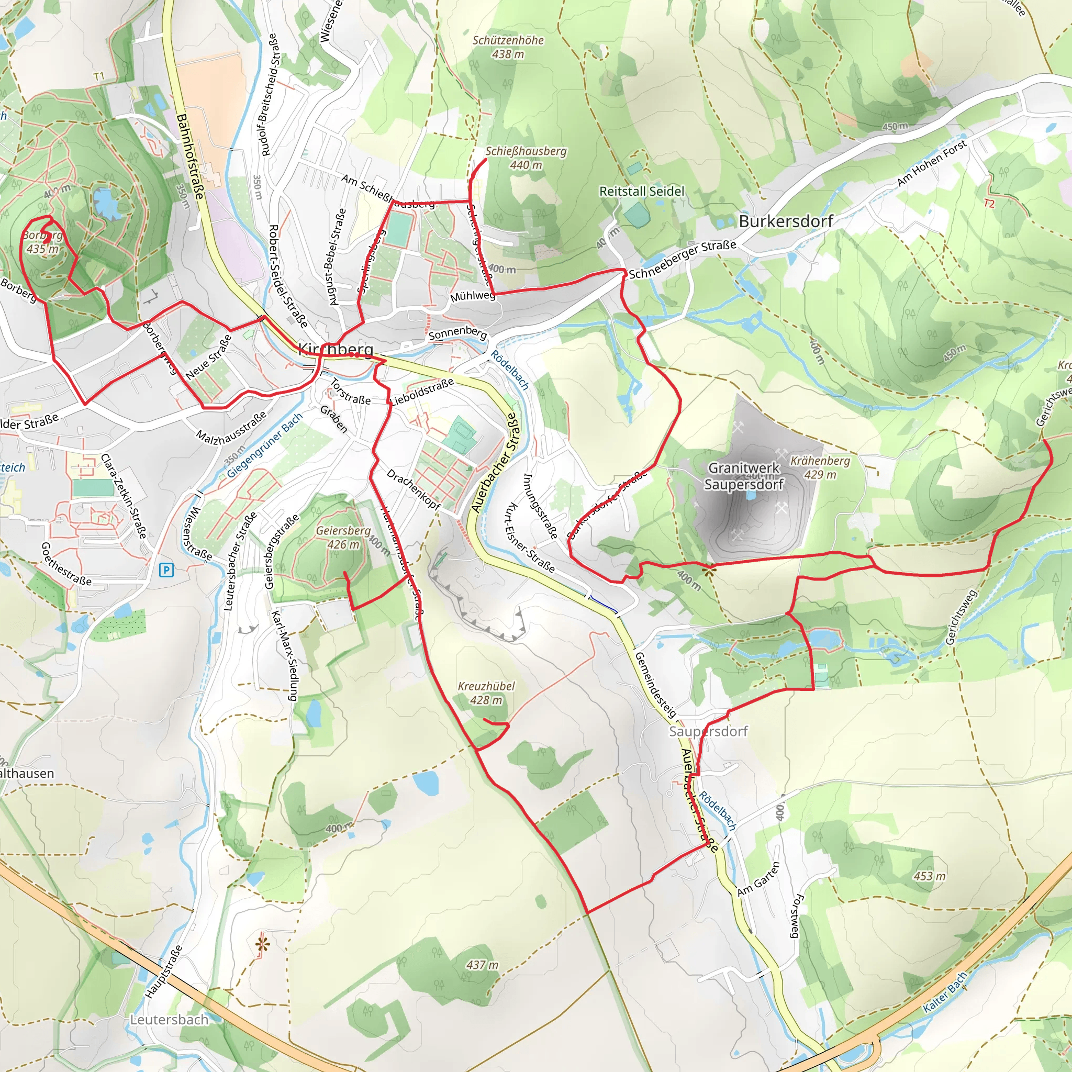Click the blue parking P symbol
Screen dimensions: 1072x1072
pyautogui.click(x=166, y=570)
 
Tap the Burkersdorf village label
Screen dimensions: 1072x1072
pyautogui.click(x=785, y=221)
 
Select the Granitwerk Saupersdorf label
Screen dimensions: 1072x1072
pyautogui.click(x=743, y=476)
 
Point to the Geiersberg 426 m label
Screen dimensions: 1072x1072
pyautogui.click(x=343, y=537)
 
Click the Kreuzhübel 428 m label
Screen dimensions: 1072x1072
pyautogui.click(x=486, y=693)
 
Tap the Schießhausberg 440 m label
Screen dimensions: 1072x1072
pyautogui.click(x=526, y=158)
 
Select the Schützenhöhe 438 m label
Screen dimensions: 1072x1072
pyautogui.click(x=508, y=47)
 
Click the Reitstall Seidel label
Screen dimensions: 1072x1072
pyautogui.click(x=641, y=192)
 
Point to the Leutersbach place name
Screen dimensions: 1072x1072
pyautogui.click(x=169, y=1020)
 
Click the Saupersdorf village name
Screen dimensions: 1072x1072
pyautogui.click(x=708, y=731)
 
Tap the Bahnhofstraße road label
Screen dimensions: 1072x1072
pyautogui.click(x=190, y=157)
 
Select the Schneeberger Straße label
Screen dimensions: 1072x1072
pyautogui.click(x=682, y=260)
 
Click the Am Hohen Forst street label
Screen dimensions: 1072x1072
pyautogui.click(x=932, y=163)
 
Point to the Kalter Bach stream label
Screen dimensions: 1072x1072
pyautogui.click(x=945, y=992)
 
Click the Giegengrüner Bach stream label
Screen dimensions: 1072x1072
pyautogui.click(x=265, y=445)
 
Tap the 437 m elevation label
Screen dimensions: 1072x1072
pyautogui.click(x=482, y=965)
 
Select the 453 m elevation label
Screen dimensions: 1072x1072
pyautogui.click(x=930, y=876)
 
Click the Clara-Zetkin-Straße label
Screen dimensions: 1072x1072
pyautogui.click(x=123, y=497)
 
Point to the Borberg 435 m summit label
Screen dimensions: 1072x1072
pyautogui.click(x=42, y=242)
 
